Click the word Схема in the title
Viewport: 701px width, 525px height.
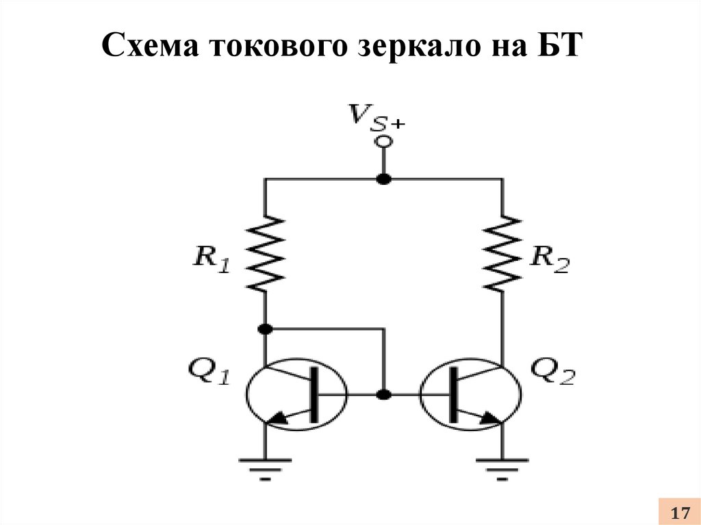[149, 46]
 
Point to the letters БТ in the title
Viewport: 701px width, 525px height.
[557, 45]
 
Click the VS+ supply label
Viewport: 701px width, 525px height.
[377, 117]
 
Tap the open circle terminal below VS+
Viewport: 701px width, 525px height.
[383, 141]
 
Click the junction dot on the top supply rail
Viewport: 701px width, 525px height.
[383, 179]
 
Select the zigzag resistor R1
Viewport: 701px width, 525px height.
[266, 253]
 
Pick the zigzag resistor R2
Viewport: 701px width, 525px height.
[502, 253]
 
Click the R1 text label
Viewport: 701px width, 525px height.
[211, 259]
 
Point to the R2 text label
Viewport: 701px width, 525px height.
[550, 259]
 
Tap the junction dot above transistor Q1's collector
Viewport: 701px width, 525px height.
[266, 329]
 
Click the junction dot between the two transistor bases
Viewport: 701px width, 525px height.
[383, 395]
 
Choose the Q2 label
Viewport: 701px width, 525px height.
[552, 371]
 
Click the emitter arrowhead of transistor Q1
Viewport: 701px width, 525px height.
[279, 418]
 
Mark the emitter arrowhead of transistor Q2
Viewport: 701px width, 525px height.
[490, 418]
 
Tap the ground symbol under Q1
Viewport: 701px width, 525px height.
[266, 470]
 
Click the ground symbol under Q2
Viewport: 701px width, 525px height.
[502, 470]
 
